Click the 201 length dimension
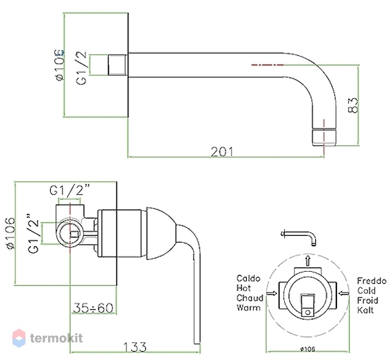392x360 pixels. [222, 152]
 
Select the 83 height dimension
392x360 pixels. [353, 105]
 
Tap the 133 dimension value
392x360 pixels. [135, 347]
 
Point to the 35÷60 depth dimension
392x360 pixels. [93, 308]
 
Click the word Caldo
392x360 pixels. [248, 279]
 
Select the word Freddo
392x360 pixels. [372, 281]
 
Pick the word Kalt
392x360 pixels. [366, 310]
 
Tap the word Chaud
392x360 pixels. [250, 298]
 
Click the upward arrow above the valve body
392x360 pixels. [308, 260]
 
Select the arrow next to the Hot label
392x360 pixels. [272, 293]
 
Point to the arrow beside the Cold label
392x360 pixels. [344, 293]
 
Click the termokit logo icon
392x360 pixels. [19, 338]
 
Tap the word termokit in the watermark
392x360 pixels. [56, 338]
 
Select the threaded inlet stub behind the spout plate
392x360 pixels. [117, 65]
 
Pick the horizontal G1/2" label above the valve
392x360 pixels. [70, 190]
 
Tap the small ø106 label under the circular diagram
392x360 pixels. [308, 349]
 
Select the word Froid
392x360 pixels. [367, 301]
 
